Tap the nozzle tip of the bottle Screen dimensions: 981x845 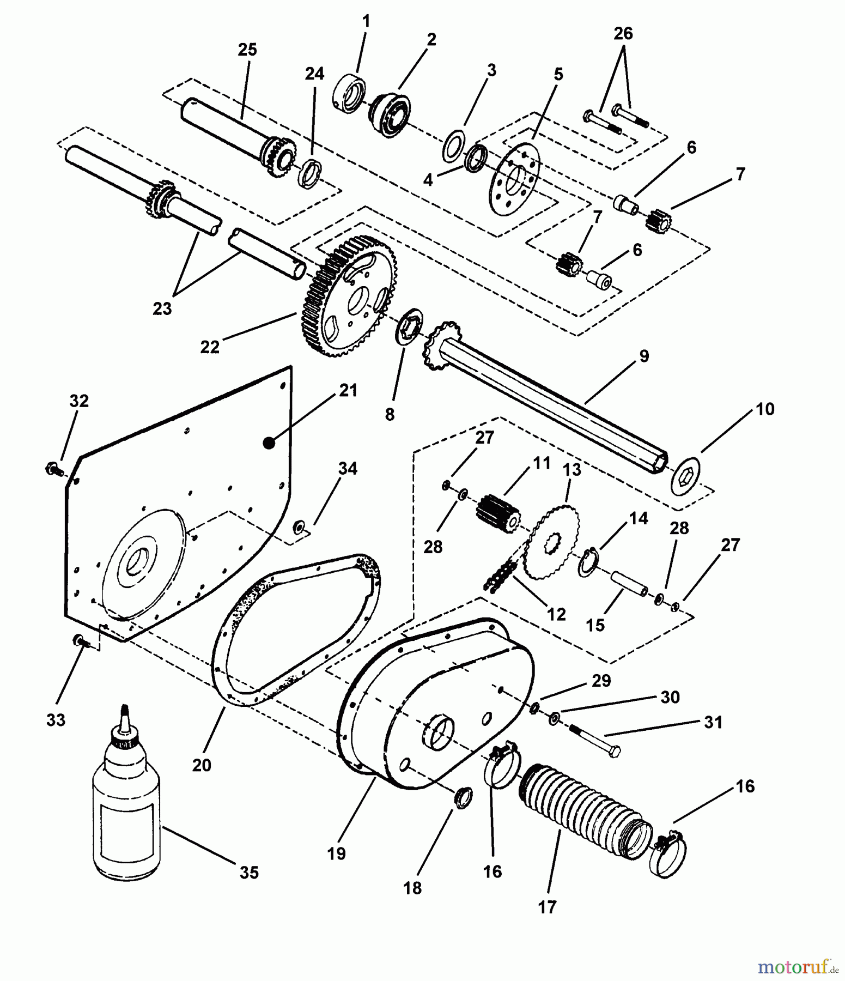pyautogui.click(x=125, y=709)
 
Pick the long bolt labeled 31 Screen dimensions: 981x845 pyautogui.click(x=597, y=738)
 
